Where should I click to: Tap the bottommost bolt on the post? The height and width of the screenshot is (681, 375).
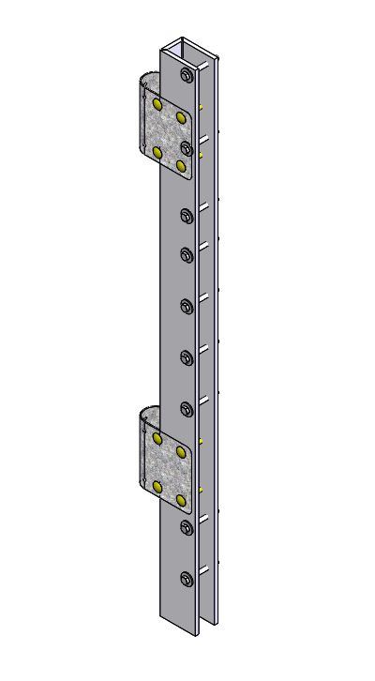click(186, 579)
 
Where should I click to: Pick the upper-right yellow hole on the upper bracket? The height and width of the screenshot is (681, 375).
click(181, 116)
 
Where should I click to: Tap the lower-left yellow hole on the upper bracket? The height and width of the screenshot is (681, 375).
click(157, 151)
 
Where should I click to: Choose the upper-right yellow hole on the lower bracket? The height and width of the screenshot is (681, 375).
click(182, 451)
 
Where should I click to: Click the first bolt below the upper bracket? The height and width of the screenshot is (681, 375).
click(187, 217)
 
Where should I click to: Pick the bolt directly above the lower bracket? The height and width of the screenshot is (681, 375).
click(186, 408)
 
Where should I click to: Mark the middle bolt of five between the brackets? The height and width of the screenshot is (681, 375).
click(186, 305)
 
